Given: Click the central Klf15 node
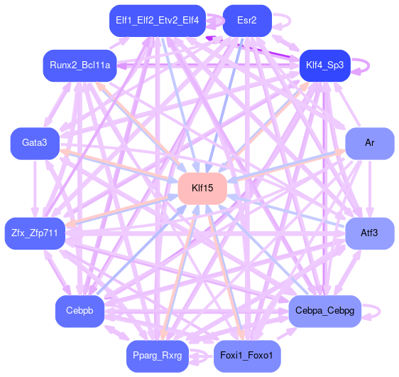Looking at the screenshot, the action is (202, 188).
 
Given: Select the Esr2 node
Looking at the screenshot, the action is (247, 21).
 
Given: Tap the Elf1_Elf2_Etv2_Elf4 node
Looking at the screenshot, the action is (158, 21).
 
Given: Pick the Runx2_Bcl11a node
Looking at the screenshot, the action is (80, 65).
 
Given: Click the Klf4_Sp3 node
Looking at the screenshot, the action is (325, 65).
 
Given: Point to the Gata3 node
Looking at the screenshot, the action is (35, 143).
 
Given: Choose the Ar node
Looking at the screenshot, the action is (370, 143).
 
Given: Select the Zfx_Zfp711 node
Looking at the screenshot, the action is (35, 233).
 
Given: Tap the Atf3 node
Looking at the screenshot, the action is (370, 233).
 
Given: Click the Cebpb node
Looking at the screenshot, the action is (80, 311).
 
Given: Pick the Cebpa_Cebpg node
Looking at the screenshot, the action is (325, 311).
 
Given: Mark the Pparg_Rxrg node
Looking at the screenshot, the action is (158, 356).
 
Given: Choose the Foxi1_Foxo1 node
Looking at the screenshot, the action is (247, 356).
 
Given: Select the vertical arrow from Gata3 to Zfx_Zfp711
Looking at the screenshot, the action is (35, 188).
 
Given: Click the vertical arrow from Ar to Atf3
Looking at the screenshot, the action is (370, 188).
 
